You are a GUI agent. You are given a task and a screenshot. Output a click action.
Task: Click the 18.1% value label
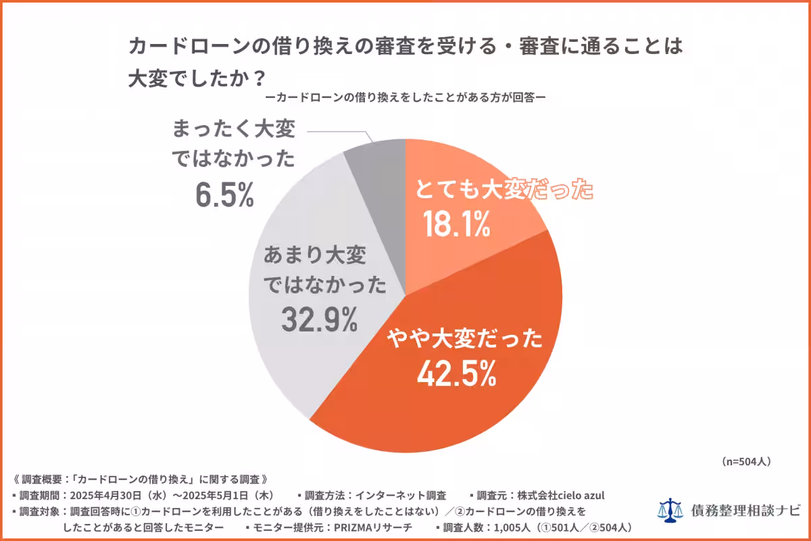456,225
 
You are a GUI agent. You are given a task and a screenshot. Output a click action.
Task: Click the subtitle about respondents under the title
405,97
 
